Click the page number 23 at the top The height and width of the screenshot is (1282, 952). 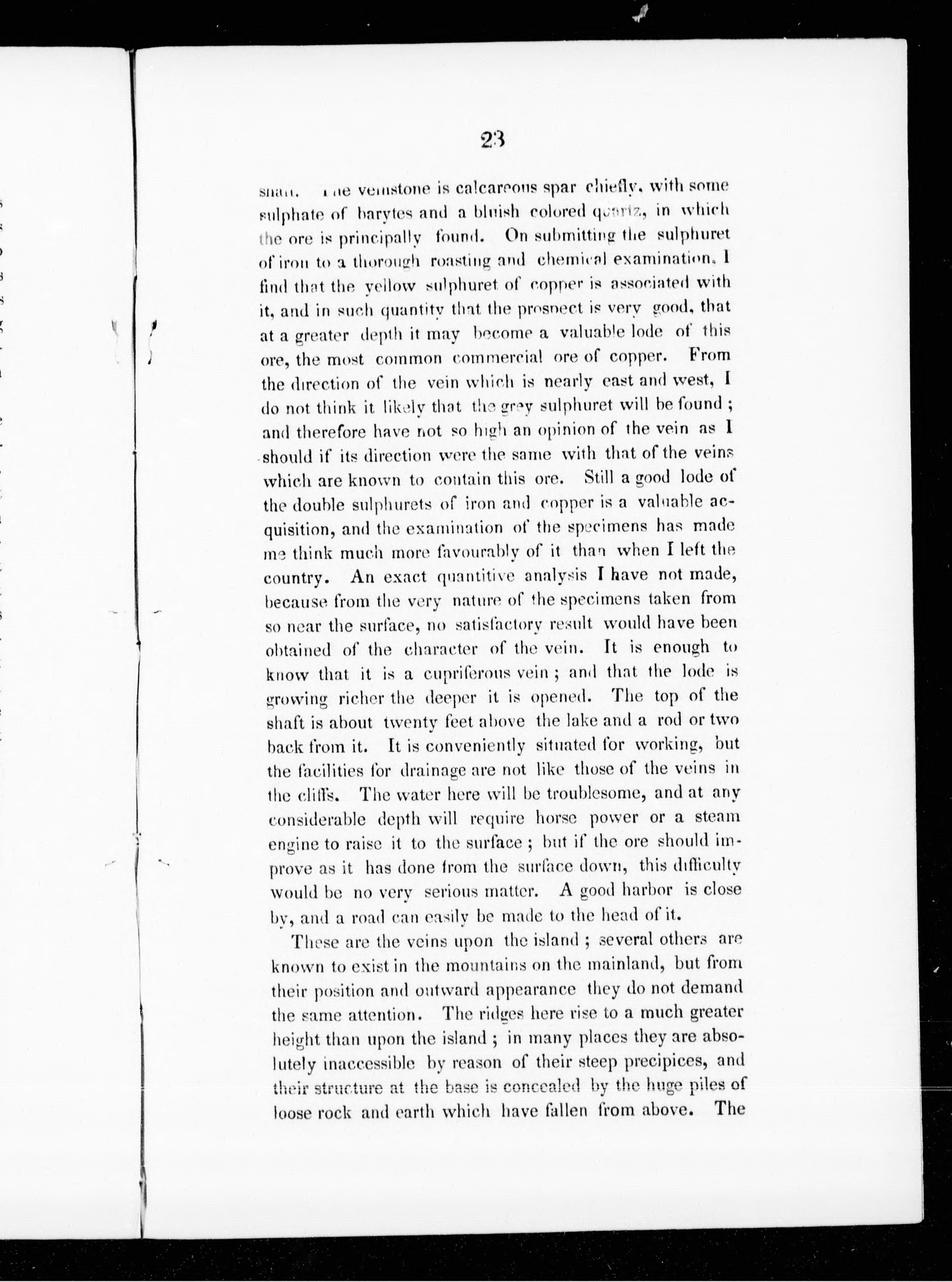point(492,140)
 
